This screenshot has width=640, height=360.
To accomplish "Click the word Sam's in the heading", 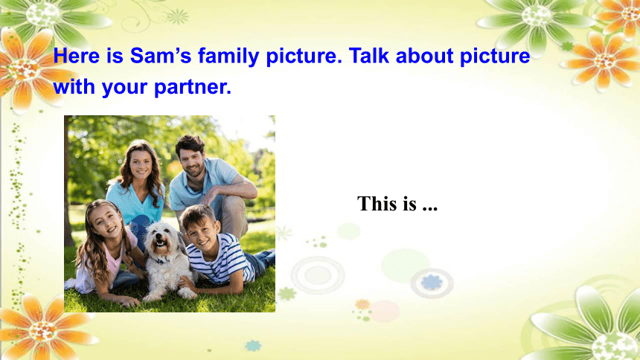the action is (161, 56).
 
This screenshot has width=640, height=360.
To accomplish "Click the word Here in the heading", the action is (77, 56).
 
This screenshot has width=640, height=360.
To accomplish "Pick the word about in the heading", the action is (424, 55).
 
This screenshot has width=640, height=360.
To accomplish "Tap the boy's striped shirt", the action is (221, 259).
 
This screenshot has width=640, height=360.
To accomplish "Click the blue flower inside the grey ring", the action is (432, 283).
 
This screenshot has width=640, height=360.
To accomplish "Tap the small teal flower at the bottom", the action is (254, 346).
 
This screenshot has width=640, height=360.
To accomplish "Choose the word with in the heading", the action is (74, 86).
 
